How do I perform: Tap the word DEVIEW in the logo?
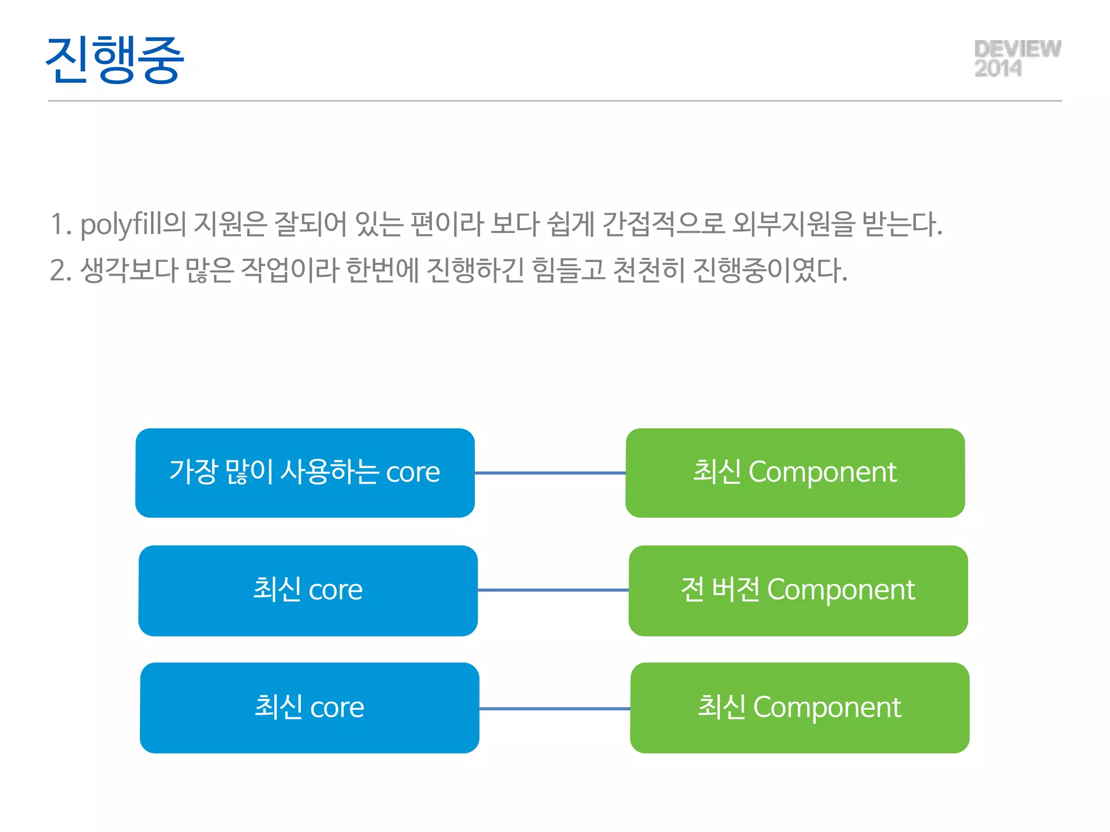point(1017,49)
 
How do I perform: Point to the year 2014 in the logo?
point(998,69)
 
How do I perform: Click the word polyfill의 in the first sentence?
point(133,224)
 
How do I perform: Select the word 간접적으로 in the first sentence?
point(663,224)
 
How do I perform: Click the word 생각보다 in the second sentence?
point(129,270)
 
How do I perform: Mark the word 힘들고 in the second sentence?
point(569,270)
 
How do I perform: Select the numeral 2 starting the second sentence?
point(59,270)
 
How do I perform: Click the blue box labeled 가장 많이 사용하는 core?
point(305,472)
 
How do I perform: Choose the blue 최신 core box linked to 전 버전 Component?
point(308,590)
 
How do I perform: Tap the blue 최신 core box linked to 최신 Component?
point(309,707)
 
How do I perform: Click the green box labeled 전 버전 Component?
point(798,590)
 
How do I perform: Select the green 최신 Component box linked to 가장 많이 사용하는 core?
point(795,472)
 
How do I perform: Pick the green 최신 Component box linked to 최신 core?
point(799,707)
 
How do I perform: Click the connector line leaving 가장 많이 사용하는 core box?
point(550,473)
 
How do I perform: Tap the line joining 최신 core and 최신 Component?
point(554,708)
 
